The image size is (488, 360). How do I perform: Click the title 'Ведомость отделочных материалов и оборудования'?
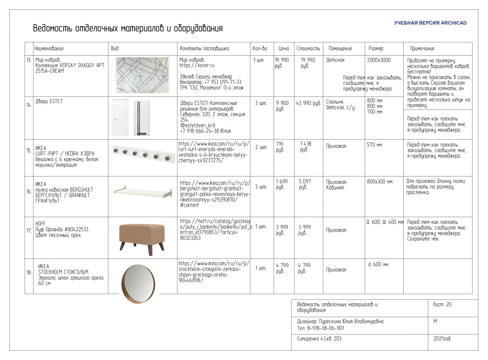coord(128,28)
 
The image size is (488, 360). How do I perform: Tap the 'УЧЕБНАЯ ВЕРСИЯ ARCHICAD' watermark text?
coord(430,23)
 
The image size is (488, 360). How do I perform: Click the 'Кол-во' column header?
coord(259,49)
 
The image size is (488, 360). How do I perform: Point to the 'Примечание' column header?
coord(422,49)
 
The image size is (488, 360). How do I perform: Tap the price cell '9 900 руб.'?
coord(282,106)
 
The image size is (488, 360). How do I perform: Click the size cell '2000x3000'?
coord(379,60)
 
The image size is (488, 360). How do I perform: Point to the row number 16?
coord(29,191)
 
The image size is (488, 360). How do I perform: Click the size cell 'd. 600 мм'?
coord(378,264)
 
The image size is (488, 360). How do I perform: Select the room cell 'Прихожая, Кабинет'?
coord(337,185)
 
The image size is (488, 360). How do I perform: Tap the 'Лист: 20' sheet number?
coord(442,305)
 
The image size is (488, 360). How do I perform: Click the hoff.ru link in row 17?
coord(215,229)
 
